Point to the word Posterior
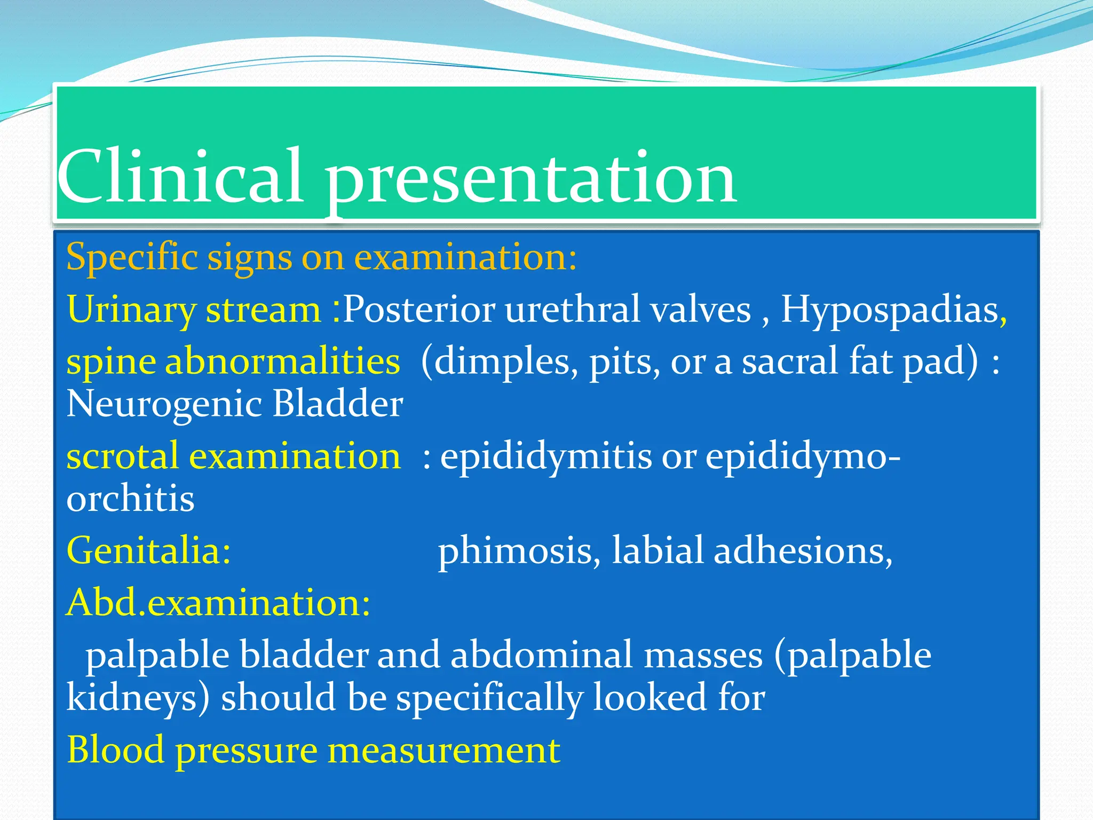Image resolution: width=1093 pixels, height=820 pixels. coord(419,310)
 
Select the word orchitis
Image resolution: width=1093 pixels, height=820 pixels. coord(130,499)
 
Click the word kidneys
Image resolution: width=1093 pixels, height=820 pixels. coord(138,698)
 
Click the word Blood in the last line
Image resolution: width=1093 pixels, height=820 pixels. coord(115,751)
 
